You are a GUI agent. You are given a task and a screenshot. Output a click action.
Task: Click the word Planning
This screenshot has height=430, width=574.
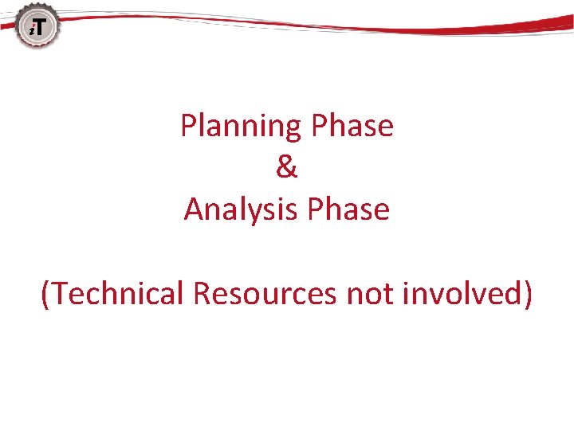pos(242,126)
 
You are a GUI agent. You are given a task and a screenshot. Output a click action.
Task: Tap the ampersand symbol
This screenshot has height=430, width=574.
pos(287,168)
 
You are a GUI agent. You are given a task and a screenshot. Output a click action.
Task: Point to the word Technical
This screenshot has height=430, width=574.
pos(119,294)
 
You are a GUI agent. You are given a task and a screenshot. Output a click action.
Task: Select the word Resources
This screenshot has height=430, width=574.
pos(265,294)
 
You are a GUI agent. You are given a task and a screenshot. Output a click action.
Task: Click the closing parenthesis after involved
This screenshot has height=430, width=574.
pos(526,295)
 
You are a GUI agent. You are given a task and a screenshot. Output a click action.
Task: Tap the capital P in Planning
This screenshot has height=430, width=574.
pos(189,126)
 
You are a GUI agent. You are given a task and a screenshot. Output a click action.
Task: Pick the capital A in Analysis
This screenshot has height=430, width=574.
pos(194,209)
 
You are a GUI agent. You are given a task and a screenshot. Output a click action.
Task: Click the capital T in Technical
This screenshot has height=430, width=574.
pos(62,294)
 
